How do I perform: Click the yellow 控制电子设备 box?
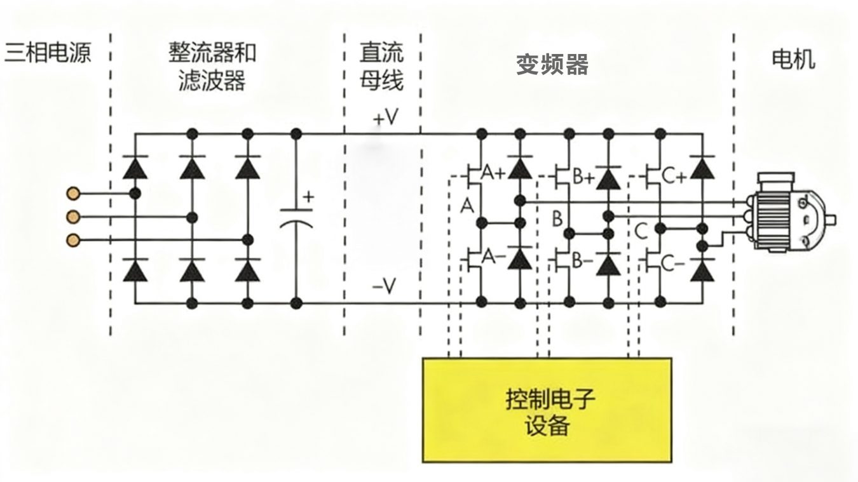pyautogui.click(x=547, y=410)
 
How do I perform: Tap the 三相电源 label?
pyautogui.click(x=48, y=53)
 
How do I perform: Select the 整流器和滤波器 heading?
pyautogui.click(x=212, y=66)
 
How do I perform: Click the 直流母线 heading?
pyautogui.click(x=381, y=66)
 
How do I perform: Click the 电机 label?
pyautogui.click(x=793, y=60)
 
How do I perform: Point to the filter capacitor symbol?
pyautogui.click(x=296, y=217)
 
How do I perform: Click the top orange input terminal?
pyautogui.click(x=74, y=192)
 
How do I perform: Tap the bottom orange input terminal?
pyautogui.click(x=74, y=239)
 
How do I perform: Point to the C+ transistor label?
pyautogui.click(x=673, y=177)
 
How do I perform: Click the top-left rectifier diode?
pyautogui.click(x=134, y=168)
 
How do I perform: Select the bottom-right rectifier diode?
pyautogui.click(x=248, y=271)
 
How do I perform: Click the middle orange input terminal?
pyautogui.click(x=74, y=217)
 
